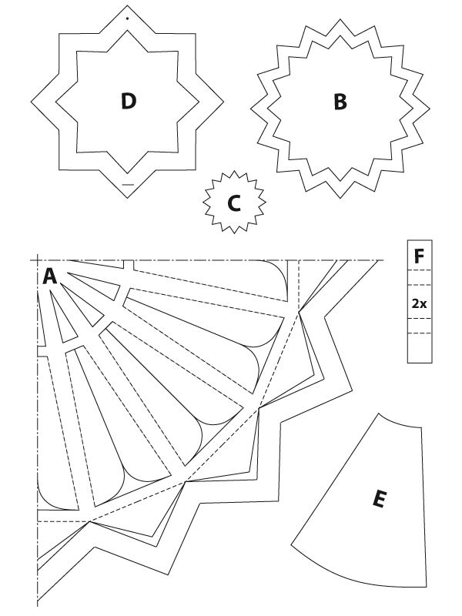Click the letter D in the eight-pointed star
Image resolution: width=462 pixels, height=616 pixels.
click(129, 101)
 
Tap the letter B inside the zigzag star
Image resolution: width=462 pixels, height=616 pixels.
click(340, 102)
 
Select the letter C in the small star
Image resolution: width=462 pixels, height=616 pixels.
click(234, 203)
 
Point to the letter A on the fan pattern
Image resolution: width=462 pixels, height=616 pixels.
click(49, 276)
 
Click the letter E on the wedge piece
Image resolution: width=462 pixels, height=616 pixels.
click(379, 499)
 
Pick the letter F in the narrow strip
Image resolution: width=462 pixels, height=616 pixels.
click(419, 256)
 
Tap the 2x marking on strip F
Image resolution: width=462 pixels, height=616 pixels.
click(419, 303)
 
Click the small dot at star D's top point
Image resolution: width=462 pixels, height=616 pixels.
click(127, 18)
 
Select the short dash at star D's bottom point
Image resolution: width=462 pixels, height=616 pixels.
click(128, 184)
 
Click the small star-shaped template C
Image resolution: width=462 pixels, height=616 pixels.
click(234, 202)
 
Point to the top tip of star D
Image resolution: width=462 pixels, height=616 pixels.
click(127, 5)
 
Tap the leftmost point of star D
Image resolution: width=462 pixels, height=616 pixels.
click(32, 102)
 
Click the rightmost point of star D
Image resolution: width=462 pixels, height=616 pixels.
click(223, 102)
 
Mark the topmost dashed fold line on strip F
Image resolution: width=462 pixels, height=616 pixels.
click(420, 270)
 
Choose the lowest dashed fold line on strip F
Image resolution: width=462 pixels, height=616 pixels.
click(420, 333)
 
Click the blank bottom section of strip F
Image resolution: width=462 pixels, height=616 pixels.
click(420, 348)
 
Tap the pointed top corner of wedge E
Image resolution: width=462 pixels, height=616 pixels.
click(379, 413)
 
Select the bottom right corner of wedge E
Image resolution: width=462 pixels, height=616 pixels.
click(427, 587)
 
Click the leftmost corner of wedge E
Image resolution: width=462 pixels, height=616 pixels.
click(291, 544)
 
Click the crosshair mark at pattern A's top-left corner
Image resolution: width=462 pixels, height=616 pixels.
click(37, 260)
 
